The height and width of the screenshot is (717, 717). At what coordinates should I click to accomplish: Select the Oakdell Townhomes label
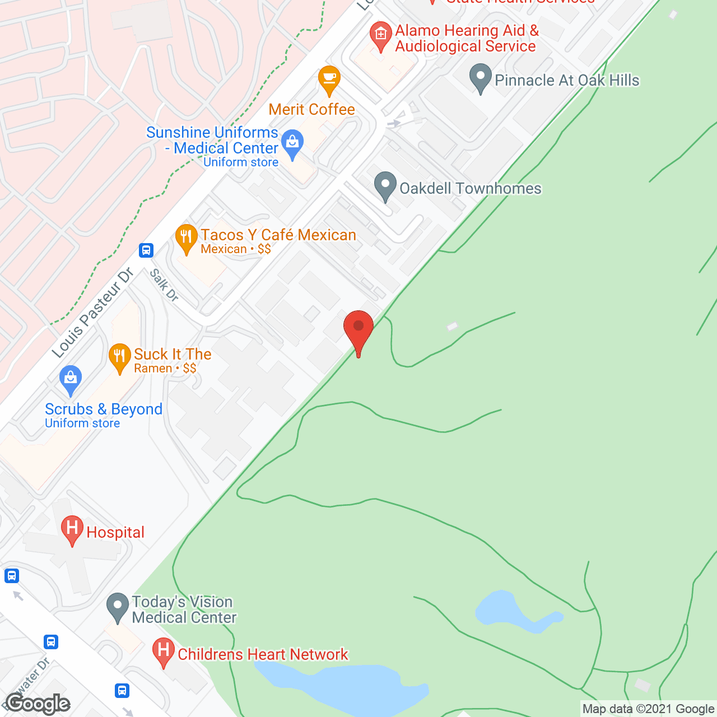coord(470,188)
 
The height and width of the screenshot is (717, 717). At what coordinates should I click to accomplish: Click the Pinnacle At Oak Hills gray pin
coord(480,78)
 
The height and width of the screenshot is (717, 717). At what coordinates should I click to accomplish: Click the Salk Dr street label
coord(164,285)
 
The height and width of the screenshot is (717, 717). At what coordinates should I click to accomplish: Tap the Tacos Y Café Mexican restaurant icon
coord(186,238)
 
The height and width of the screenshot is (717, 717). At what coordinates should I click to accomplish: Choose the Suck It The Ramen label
coord(173,360)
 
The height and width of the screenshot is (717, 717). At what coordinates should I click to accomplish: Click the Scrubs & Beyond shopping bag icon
coord(70,379)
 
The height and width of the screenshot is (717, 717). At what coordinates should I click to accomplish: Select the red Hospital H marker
coord(72,529)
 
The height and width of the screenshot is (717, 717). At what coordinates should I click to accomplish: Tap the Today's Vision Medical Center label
coord(184,609)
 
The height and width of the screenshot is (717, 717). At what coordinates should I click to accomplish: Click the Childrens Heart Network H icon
coord(163,651)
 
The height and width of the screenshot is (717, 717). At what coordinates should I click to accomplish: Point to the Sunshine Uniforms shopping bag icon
coord(292,143)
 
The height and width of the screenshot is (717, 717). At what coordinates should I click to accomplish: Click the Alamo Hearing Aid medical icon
coord(381,35)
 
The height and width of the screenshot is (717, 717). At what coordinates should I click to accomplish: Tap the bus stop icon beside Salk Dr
coord(146,250)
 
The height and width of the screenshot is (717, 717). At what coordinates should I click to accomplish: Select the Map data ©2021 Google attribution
coord(648,709)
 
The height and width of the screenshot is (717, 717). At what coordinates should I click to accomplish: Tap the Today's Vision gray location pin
coord(117,607)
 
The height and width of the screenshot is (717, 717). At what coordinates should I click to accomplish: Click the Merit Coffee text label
coord(311,109)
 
